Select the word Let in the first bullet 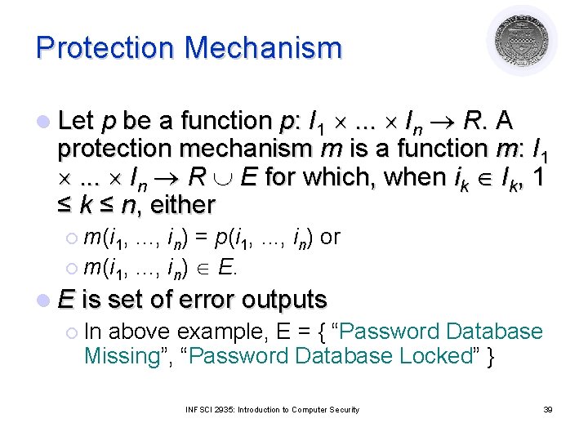pyautogui.click(x=76, y=122)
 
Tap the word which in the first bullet pyautogui.click(x=344, y=176)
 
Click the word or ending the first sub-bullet pyautogui.click(x=331, y=237)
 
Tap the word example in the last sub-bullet pyautogui.click(x=211, y=332)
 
